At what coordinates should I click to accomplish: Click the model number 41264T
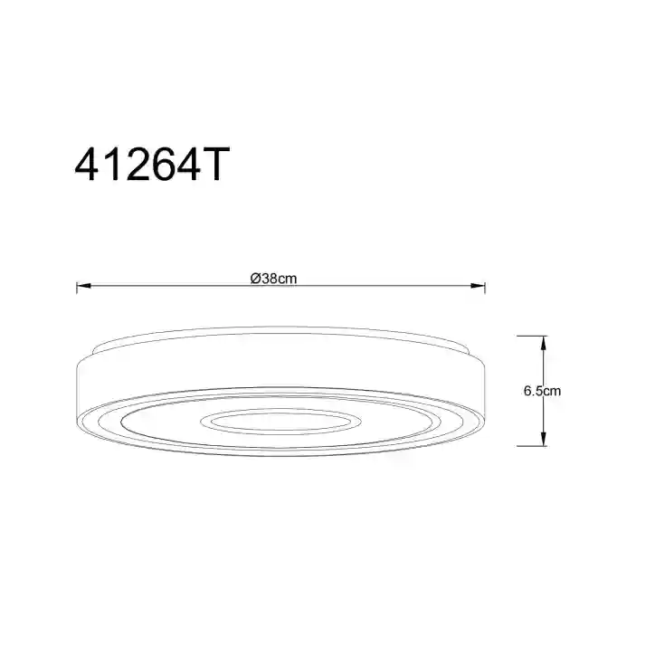click(152, 164)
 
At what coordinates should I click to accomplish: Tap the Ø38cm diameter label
click(273, 279)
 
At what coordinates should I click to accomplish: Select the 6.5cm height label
click(542, 391)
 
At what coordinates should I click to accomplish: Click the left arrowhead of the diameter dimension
click(84, 286)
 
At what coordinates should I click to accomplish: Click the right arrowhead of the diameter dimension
click(478, 286)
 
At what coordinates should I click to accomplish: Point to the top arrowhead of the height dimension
click(543, 344)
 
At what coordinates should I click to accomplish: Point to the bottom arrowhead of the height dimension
click(543, 439)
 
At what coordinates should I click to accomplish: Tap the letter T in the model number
click(214, 164)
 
